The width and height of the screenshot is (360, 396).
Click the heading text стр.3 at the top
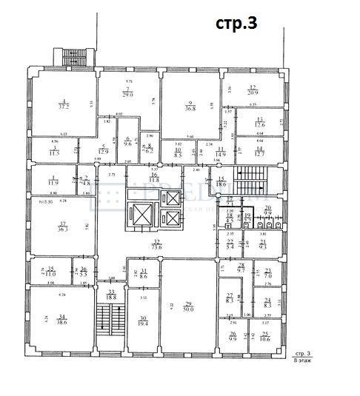click(236, 23)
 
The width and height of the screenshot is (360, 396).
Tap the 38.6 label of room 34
click(61, 322)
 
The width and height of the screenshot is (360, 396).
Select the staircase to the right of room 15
click(244, 181)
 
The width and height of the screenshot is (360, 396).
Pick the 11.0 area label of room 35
click(50, 272)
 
